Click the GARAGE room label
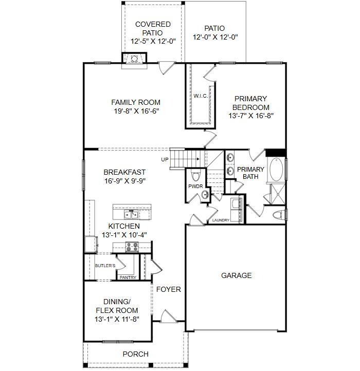click(x=236, y=275)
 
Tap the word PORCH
click(x=135, y=354)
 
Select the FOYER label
click(x=168, y=289)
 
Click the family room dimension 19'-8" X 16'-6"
click(x=136, y=111)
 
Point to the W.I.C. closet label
click(x=201, y=96)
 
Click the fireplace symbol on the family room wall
click(x=134, y=59)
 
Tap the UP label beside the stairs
click(x=165, y=160)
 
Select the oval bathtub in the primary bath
click(x=276, y=170)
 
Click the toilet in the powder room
click(x=195, y=176)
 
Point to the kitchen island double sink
click(x=131, y=215)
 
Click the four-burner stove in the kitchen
click(x=132, y=247)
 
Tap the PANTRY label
click(x=128, y=277)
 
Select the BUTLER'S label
click(x=105, y=266)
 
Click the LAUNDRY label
click(x=221, y=220)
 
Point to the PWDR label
click(x=195, y=187)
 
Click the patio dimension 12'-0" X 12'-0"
click(x=215, y=38)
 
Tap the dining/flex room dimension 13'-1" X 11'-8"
click(x=117, y=319)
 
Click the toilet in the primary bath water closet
click(x=278, y=215)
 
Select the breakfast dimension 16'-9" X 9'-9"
click(x=125, y=181)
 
